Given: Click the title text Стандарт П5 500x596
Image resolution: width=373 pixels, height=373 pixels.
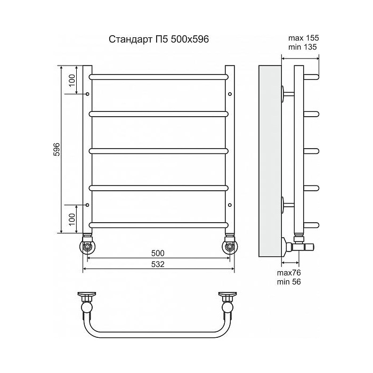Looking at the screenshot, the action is pos(159,39).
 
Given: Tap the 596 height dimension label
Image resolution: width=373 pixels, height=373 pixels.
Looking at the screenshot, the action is pos(57,149).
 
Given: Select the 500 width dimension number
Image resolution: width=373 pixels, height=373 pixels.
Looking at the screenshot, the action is pos(158,253).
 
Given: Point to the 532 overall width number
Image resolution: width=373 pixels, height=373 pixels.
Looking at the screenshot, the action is pos(158,264).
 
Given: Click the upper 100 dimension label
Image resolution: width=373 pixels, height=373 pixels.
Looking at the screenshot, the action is pos(71,80).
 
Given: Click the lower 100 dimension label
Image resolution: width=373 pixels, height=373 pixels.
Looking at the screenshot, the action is pos(71,219).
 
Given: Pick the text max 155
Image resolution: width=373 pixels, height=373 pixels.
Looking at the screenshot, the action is pos(303,38).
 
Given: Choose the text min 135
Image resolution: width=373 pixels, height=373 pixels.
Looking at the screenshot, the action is pos(302,47).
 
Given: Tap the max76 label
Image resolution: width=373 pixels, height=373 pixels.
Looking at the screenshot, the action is pos(289,273).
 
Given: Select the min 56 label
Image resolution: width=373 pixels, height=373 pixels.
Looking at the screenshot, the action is pos(289,282).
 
